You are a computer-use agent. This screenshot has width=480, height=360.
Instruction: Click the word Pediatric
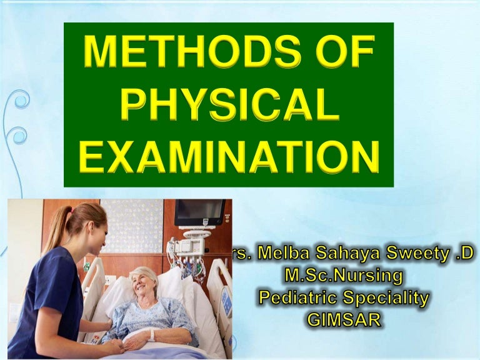tap(299, 299)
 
